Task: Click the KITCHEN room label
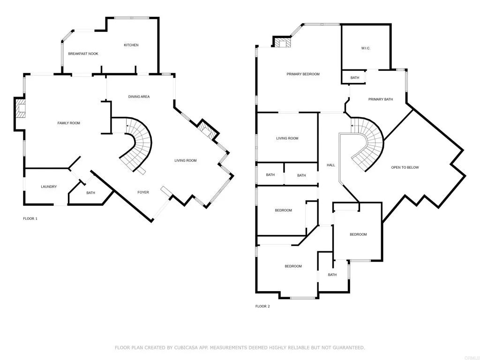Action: point(131,45)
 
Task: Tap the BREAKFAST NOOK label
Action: point(83,53)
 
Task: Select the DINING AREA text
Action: point(139,97)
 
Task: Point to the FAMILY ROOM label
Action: point(68,123)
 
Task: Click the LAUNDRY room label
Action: point(49,187)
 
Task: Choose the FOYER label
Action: point(143,192)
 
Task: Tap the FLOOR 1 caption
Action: point(30,218)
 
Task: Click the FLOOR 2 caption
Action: point(262,306)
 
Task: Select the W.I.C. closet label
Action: point(366,48)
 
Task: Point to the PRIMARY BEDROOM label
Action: point(303,74)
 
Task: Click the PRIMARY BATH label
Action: point(381,99)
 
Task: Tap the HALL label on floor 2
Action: point(331,165)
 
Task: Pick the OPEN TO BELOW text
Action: point(405,167)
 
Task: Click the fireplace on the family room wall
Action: point(20,108)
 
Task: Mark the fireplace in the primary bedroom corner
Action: point(282,42)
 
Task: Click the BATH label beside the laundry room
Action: point(90,193)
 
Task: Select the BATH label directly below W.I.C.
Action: point(355,78)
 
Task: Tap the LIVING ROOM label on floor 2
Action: point(287,138)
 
